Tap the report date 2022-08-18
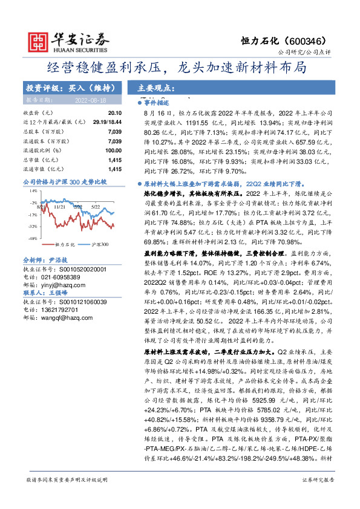[x=90, y=99]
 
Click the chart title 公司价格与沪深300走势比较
[x=64, y=181]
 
